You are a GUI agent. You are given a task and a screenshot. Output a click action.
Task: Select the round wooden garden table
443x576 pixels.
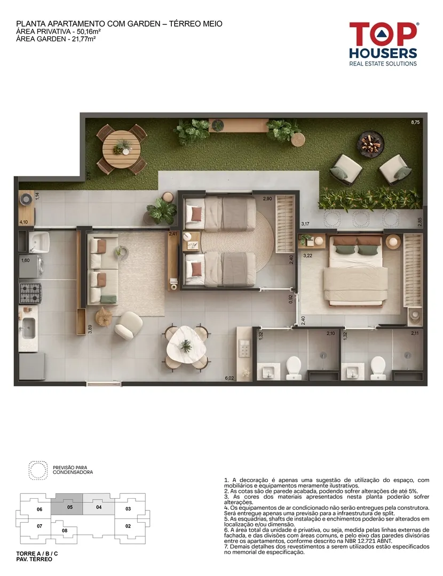click(122, 149)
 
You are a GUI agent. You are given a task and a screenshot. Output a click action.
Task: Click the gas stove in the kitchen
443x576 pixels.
click(30, 293)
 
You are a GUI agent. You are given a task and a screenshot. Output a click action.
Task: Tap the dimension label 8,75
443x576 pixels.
click(415, 122)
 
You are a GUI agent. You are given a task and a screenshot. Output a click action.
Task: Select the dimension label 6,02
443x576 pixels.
click(230, 378)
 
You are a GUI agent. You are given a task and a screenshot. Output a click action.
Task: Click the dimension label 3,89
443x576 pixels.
click(90, 329)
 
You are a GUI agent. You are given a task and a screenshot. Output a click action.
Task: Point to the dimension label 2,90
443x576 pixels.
click(267, 199)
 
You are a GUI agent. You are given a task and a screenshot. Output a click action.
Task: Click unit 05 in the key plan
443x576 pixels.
click(70, 507)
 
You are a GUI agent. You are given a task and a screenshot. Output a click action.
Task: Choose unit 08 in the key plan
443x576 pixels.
click(65, 531)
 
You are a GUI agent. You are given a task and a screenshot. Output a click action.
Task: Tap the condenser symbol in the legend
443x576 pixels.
click(38, 470)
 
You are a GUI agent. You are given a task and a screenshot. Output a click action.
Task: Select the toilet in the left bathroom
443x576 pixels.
click(294, 367)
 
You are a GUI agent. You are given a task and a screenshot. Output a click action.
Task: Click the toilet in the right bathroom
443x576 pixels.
click(378, 367)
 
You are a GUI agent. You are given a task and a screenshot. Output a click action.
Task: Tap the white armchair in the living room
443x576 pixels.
click(129, 325)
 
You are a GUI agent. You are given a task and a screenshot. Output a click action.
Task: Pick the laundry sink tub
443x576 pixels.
click(39, 241)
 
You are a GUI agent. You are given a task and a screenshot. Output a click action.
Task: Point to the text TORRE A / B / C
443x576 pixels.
click(37, 554)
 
